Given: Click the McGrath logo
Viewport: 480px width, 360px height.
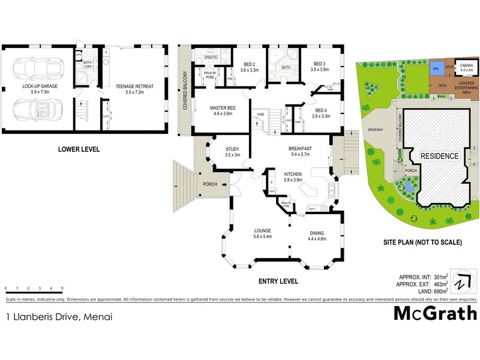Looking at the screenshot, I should [x=435, y=313].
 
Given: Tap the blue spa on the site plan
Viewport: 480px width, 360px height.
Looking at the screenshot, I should [x=434, y=69].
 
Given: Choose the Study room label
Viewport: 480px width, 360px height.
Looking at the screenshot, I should [x=232, y=152].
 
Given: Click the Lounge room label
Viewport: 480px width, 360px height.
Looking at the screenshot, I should [x=262, y=233].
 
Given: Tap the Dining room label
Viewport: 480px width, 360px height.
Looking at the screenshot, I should [x=317, y=236].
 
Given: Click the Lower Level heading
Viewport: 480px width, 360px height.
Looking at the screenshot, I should [x=79, y=149].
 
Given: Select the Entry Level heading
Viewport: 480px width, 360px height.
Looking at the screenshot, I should [x=278, y=281].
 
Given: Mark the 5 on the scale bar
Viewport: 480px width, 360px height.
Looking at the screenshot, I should [x=62, y=289].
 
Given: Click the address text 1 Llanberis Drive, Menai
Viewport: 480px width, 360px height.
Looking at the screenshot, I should [x=59, y=316].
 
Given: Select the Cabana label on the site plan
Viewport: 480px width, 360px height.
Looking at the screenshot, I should [x=466, y=67].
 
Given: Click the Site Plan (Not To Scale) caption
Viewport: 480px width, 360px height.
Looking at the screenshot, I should [x=422, y=243].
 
